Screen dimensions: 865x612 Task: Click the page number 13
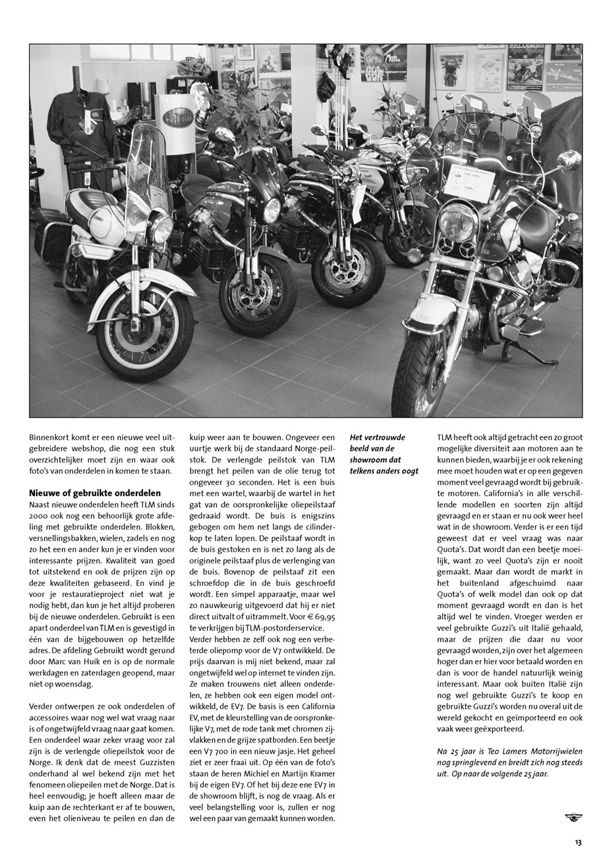578,842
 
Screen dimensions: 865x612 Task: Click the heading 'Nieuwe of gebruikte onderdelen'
95,493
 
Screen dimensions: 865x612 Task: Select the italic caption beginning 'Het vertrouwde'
384,454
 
